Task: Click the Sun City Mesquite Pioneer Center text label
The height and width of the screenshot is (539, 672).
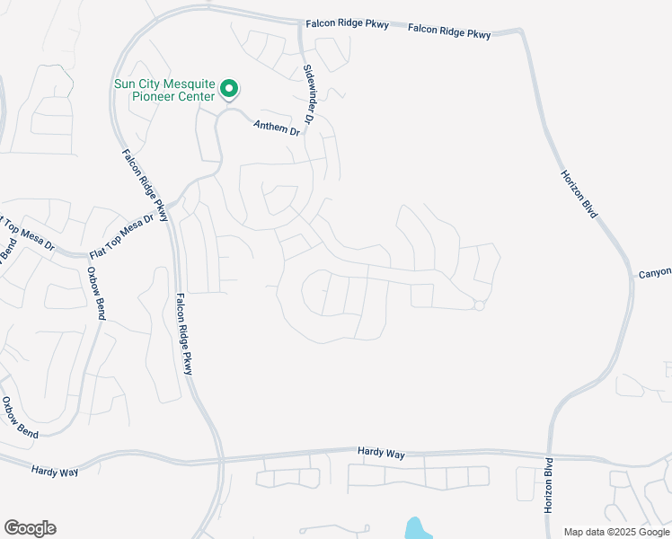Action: [x=164, y=90]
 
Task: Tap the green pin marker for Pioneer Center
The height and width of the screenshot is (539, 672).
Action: [x=229, y=89]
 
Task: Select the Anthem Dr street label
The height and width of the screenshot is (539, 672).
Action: [x=276, y=129]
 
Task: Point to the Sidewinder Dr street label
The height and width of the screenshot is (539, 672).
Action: [x=310, y=94]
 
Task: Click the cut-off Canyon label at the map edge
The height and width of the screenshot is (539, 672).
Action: [x=655, y=272]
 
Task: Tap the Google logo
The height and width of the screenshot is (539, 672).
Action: [x=30, y=528]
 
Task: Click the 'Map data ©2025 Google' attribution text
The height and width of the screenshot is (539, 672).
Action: [x=617, y=532]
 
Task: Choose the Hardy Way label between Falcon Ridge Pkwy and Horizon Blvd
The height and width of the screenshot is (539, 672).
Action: [x=381, y=453]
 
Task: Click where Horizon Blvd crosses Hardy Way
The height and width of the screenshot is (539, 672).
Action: [x=550, y=455]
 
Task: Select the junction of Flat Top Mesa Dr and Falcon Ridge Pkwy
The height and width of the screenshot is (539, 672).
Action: [x=171, y=208]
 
